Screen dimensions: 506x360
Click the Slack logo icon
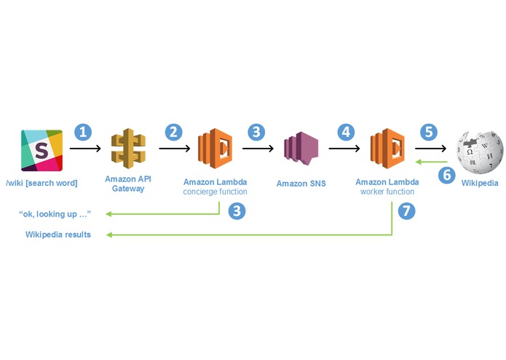point(41,150)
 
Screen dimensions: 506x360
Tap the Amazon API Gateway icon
point(128,148)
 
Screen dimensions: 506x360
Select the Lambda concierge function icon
point(215,148)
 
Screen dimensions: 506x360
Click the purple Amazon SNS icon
point(301,148)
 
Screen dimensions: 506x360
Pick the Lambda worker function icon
point(387,148)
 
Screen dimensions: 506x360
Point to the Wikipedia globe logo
point(480,152)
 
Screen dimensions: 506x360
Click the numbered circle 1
point(83,132)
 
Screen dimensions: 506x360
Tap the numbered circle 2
point(173,132)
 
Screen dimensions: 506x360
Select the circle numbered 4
point(346,132)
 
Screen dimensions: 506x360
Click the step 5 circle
point(429,132)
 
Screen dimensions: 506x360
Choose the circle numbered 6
point(447,176)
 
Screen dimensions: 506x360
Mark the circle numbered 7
point(406,211)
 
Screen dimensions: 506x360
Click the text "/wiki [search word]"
point(41,183)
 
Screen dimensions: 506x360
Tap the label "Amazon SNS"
point(301,184)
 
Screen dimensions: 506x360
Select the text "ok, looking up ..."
point(55,214)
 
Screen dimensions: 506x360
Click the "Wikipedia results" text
point(58,235)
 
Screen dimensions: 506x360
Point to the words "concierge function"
point(215,192)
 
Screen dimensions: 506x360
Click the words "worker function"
point(387,192)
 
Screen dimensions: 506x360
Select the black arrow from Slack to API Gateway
point(85,149)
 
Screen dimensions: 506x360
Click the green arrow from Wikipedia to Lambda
point(431,162)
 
